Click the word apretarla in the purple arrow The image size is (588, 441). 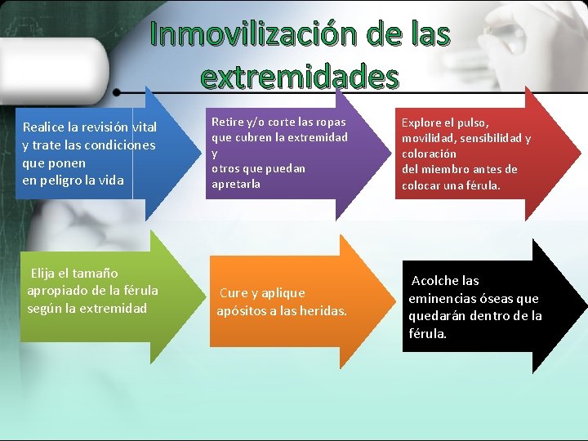click(x=236, y=184)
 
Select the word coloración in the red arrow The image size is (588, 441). click(x=429, y=154)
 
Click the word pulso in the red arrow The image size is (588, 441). click(x=471, y=122)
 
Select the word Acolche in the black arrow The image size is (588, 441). click(x=434, y=281)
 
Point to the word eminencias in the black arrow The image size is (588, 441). click(x=442, y=299)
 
